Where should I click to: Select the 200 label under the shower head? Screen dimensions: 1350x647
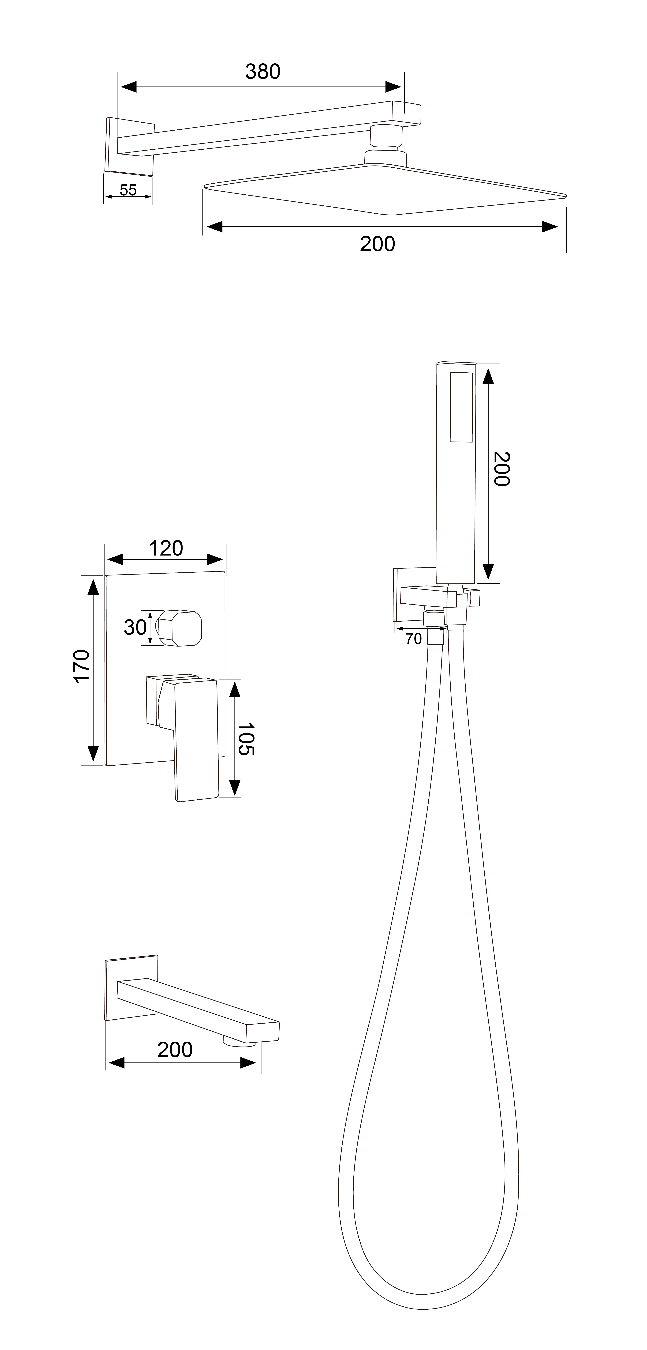377,244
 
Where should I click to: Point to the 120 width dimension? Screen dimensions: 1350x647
166,549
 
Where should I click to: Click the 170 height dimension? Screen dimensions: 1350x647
82,666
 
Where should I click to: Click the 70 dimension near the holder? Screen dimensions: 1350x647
413,639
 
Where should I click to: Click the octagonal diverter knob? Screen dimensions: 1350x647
180,628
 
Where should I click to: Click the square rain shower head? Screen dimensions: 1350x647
385,190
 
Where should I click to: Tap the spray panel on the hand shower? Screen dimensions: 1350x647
461,407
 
